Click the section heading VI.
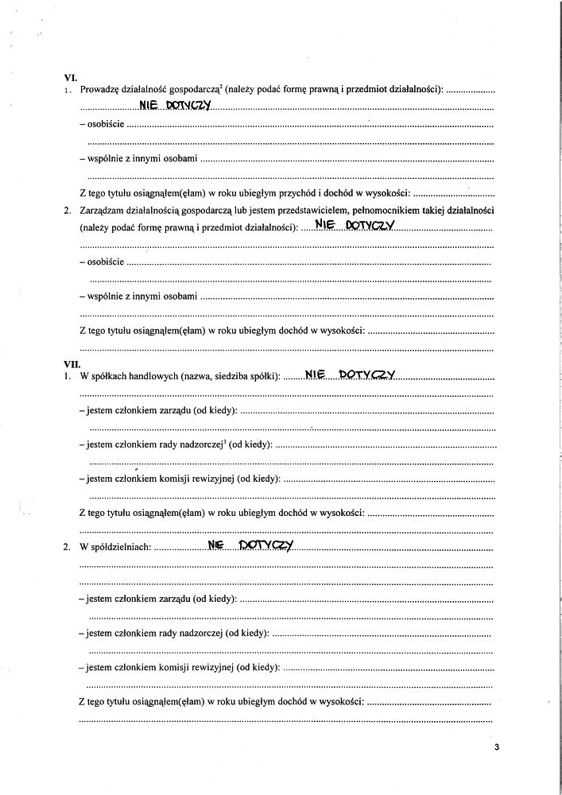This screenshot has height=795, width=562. click(69, 77)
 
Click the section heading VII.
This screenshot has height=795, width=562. click(72, 363)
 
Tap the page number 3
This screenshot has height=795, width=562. click(495, 747)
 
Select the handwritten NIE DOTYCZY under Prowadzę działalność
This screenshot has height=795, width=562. click(173, 106)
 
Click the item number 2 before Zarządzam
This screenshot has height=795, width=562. click(67, 211)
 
